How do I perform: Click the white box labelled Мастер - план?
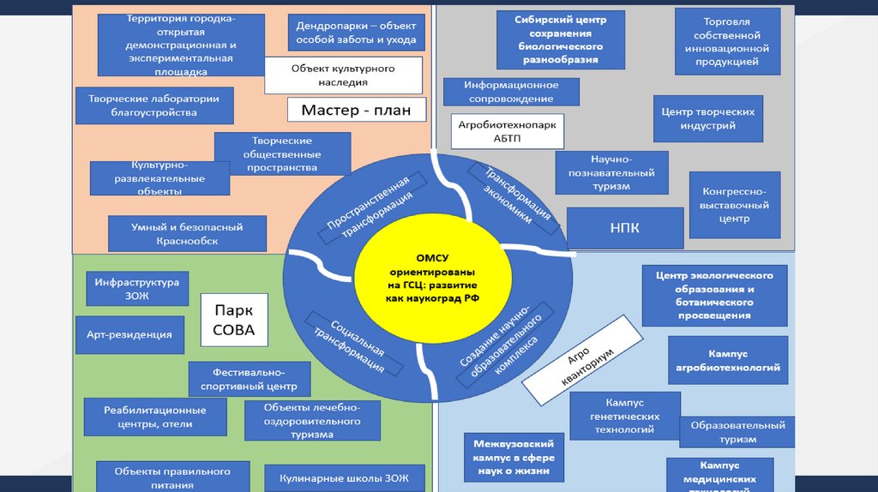[351, 110]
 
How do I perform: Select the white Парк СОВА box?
[235, 320]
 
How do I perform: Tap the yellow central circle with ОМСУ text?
[434, 277]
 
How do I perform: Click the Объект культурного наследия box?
[343, 75]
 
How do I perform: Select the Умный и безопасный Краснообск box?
[187, 234]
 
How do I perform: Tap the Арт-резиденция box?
[129, 335]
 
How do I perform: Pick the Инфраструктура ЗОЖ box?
[137, 289]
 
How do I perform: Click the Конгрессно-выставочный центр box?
[735, 206]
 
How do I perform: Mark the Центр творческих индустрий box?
[707, 119]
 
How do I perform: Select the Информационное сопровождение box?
[511, 92]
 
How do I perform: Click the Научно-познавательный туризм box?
[611, 173]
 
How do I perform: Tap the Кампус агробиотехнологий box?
[728, 360]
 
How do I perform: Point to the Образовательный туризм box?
[737, 432]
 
